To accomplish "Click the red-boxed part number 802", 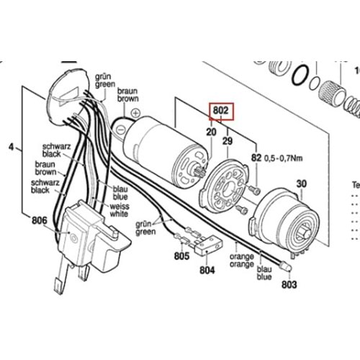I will coord(221,112).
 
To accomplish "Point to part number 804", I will coord(208,271).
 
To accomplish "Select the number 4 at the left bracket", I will coord(10,148).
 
